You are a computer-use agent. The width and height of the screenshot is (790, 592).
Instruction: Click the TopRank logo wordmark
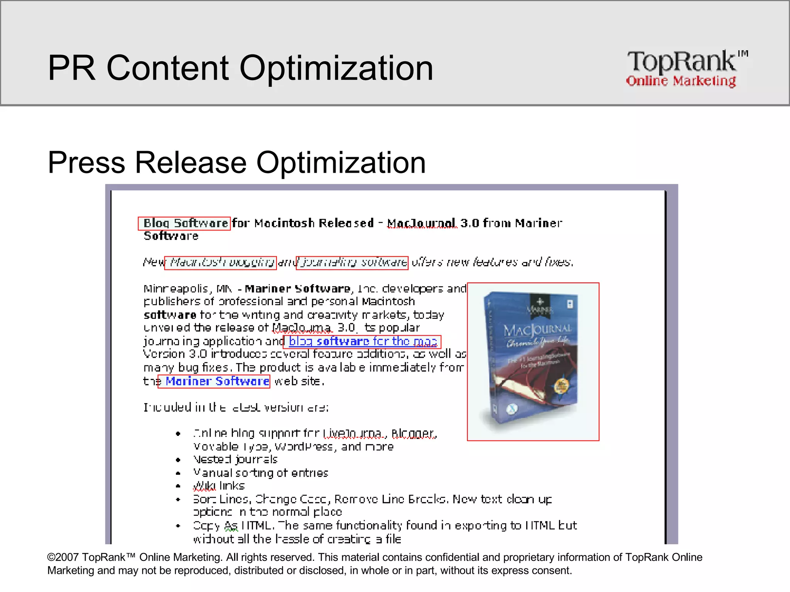click(x=682, y=62)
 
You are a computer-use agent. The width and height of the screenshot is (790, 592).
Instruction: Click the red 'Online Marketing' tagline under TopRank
click(x=681, y=81)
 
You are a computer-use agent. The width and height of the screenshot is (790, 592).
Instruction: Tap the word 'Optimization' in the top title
click(x=336, y=68)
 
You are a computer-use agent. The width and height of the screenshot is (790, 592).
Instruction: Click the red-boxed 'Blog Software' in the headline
click(x=185, y=223)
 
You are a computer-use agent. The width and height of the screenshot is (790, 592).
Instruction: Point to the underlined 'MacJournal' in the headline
click(x=421, y=223)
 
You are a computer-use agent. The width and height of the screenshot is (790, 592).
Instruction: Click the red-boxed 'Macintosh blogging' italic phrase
click(x=221, y=263)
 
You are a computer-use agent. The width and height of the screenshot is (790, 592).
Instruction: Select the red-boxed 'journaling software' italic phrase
click(x=352, y=263)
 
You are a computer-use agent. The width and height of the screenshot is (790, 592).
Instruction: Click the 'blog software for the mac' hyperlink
click(x=363, y=341)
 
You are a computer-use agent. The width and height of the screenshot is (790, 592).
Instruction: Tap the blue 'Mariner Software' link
click(x=217, y=381)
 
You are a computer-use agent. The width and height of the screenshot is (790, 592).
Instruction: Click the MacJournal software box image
click(x=533, y=362)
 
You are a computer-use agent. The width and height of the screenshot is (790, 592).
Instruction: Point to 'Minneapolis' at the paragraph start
click(x=176, y=289)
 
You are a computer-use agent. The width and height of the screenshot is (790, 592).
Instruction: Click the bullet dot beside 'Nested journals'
click(x=178, y=460)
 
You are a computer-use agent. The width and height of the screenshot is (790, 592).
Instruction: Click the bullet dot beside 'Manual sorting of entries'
click(x=178, y=473)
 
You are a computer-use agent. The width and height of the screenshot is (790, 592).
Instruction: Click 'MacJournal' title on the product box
click(x=537, y=330)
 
